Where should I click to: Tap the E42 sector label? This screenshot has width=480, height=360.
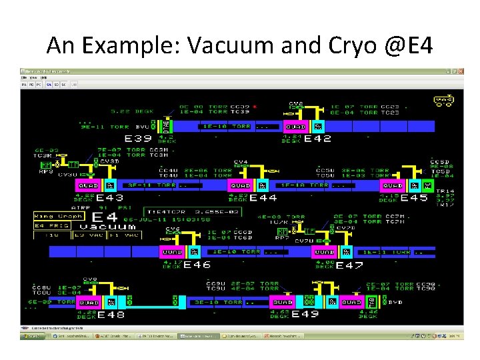click(317, 139)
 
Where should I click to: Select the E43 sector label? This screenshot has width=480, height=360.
click(109, 197)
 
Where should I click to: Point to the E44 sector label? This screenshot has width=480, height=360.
click(263, 197)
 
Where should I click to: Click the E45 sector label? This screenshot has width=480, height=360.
click(414, 197)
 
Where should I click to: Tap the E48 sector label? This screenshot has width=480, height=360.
click(111, 314)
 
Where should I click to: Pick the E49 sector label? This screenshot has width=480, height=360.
click(305, 314)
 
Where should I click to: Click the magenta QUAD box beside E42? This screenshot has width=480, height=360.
click(295, 126)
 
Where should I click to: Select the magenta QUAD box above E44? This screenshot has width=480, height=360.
click(240, 185)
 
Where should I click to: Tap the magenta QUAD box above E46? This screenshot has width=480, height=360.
click(172, 252)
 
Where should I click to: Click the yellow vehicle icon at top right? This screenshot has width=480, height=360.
click(443, 101)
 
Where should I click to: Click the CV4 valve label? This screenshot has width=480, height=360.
click(240, 162)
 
